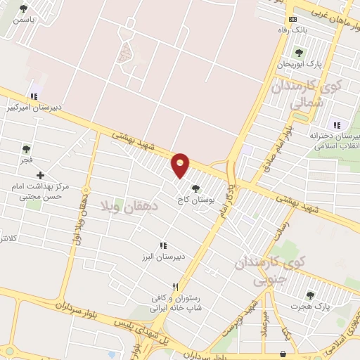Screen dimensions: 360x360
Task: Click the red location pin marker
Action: [181, 165]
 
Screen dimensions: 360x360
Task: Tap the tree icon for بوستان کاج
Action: [195, 188]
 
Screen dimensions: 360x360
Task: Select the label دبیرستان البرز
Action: [166, 257]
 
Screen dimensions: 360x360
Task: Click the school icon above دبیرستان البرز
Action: [163, 245]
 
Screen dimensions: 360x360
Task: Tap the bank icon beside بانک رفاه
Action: [293, 19]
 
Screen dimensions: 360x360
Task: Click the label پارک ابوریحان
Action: [299, 64]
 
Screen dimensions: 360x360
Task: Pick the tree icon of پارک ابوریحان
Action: [299, 53]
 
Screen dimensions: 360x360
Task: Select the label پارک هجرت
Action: [314, 307]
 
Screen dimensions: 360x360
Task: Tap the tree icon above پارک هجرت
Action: [310, 295]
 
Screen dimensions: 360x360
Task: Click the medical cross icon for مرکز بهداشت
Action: [40, 174]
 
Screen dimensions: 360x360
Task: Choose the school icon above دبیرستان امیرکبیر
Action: [34, 96]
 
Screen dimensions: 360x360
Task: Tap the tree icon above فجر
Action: [26, 149]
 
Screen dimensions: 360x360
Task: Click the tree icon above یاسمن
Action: [24, 8]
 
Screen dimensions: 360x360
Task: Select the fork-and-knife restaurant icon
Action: [176, 287]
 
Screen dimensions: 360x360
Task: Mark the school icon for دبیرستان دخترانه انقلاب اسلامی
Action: [336, 123]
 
